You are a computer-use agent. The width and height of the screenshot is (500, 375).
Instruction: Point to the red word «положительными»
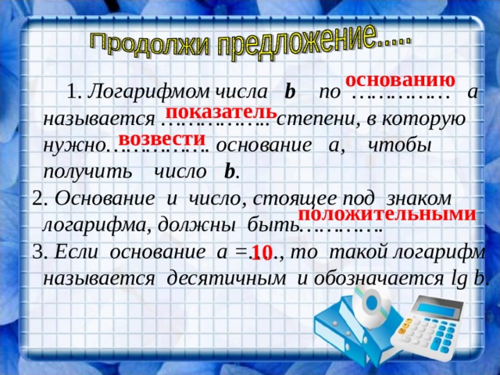coord(387,214)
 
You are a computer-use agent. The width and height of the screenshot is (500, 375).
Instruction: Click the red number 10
coord(262,252)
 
